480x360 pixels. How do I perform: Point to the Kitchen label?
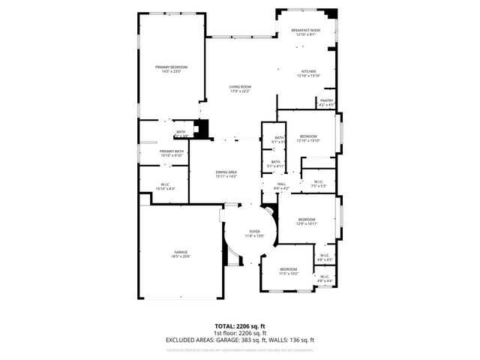coord(308,73)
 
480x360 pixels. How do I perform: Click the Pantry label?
coord(326,102)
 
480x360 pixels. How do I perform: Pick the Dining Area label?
coord(226,174)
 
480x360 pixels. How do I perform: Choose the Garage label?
coord(181,254)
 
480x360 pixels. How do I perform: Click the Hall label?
coord(282,185)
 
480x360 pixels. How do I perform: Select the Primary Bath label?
coord(171,153)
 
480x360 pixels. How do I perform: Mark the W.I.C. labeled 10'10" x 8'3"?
coord(166,187)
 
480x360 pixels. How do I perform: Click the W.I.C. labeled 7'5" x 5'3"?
coord(318,183)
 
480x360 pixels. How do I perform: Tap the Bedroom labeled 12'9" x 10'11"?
coord(307,221)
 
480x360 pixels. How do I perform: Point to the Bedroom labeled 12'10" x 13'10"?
coord(308,138)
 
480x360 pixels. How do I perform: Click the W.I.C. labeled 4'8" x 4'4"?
coord(325,278)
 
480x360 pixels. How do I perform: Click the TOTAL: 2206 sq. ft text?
coord(240,327)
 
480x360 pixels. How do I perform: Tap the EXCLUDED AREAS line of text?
coord(240,340)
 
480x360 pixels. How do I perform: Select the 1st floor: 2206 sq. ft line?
coord(240,334)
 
